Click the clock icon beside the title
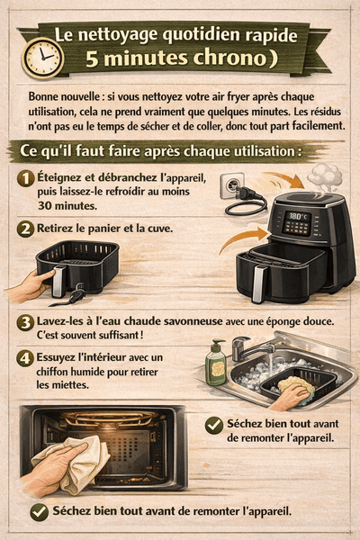coord(42,57)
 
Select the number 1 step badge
coord(26,178)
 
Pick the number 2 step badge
coord(26,229)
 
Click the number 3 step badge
coord(26,322)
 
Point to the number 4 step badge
coord(26,356)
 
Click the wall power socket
coord(233,186)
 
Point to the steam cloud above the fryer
coord(324,174)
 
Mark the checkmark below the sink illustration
coord(214,425)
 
